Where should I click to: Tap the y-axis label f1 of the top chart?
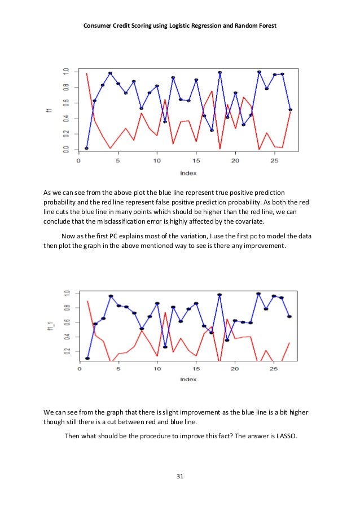coord(50,110)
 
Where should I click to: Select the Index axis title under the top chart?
coord(188,172)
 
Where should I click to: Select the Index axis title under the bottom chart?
coord(188,380)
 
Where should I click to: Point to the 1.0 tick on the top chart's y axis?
coord(67,71)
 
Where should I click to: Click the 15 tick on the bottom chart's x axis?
coord(195,369)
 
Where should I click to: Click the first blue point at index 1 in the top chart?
coord(86,148)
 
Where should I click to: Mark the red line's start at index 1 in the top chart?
coord(86,73)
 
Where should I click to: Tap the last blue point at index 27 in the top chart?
coord(290,110)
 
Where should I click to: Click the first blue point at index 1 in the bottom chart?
coord(87,358)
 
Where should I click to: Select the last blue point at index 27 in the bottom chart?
coord(289,316)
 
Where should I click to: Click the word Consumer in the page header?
coord(99,26)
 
